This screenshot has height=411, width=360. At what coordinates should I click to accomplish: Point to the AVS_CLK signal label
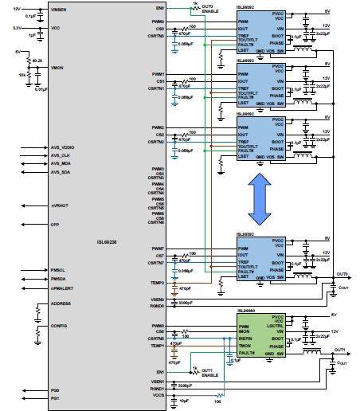(61, 155)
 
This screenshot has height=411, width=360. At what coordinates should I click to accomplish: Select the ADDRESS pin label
(61, 303)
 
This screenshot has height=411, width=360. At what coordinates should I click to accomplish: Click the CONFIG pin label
(59, 326)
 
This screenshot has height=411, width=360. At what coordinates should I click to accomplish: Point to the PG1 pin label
(55, 397)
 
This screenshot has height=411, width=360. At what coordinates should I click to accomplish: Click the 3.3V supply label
(17, 28)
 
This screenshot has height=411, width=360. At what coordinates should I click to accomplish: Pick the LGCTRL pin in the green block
(276, 326)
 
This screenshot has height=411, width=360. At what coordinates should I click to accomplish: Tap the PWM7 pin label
(157, 249)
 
